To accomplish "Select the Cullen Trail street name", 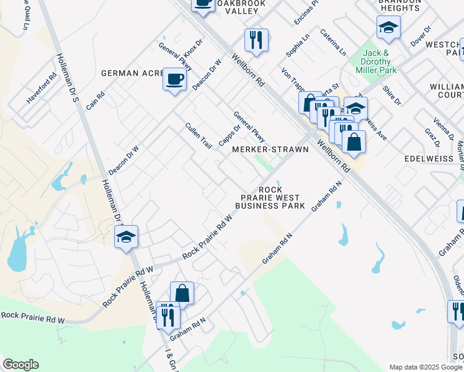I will (x=199, y=135).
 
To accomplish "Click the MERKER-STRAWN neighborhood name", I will (x=270, y=149).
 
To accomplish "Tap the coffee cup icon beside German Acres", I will (x=175, y=80).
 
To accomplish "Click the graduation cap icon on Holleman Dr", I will (x=126, y=237).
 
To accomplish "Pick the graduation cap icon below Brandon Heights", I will (x=388, y=28).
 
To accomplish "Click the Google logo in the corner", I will (x=20, y=364).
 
